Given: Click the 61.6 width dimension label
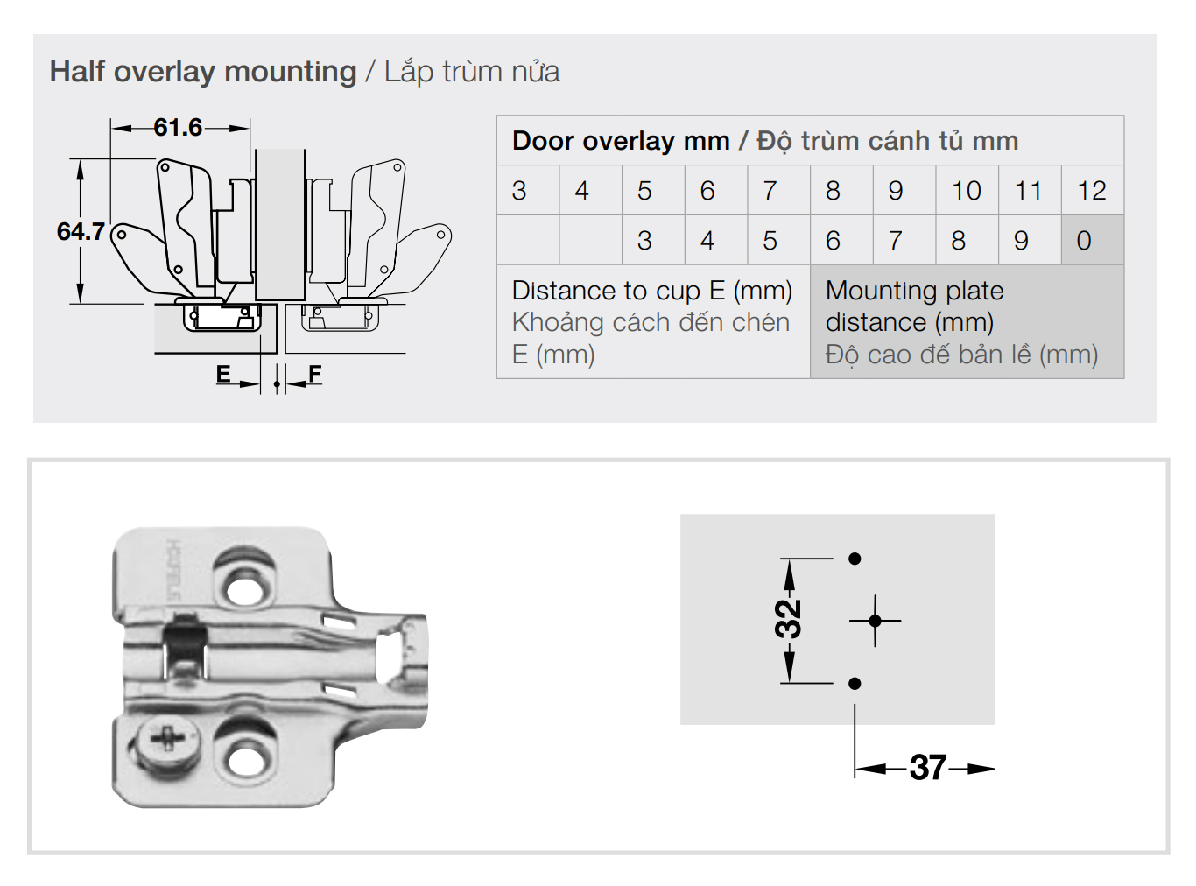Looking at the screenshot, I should coord(178,128).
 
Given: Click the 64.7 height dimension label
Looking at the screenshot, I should coord(81,232).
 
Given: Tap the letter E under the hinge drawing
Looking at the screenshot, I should coord(223,375).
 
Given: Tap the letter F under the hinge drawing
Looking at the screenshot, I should coord(315,375).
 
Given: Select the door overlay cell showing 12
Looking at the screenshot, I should coord(1092,191).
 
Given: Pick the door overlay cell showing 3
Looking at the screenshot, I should coord(519,191).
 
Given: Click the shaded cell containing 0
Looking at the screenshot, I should coord(1084,241).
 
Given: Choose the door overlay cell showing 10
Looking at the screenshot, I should coord(967,191).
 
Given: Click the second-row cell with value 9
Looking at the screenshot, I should coord(1021,241).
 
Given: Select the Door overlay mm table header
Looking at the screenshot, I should coord(764,141).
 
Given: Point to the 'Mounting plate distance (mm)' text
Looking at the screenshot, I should coord(914,306).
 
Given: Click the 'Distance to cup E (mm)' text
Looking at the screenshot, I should coord(651,291).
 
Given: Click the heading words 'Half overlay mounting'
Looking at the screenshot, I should coord(203,72).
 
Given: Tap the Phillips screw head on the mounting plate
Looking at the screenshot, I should coord(164,740).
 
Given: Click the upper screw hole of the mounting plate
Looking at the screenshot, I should coord(244,584).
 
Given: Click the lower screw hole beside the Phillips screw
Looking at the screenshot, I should coord(244,758).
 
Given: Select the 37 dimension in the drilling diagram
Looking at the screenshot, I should coord(927,769).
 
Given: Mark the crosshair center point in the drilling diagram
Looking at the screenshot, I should coord(875,621).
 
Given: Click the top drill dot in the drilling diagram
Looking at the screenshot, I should coord(855,559).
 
